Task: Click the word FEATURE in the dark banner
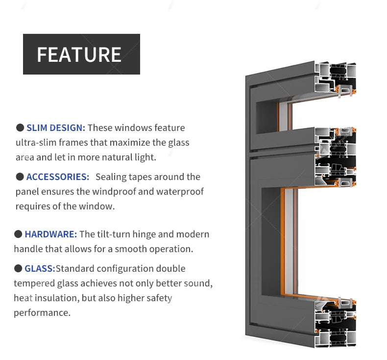coord(79,54)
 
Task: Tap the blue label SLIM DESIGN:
coord(56,128)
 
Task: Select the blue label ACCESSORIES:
coord(58,177)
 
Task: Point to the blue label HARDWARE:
coord(51,234)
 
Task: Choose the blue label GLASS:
coord(40,269)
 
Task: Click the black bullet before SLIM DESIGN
coord(20,128)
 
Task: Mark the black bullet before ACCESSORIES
coord(20,177)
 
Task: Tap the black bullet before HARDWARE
coord(18,234)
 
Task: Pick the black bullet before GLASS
coord(18,268)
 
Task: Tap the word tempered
coord(34,283)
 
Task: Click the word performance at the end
coord(42,313)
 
